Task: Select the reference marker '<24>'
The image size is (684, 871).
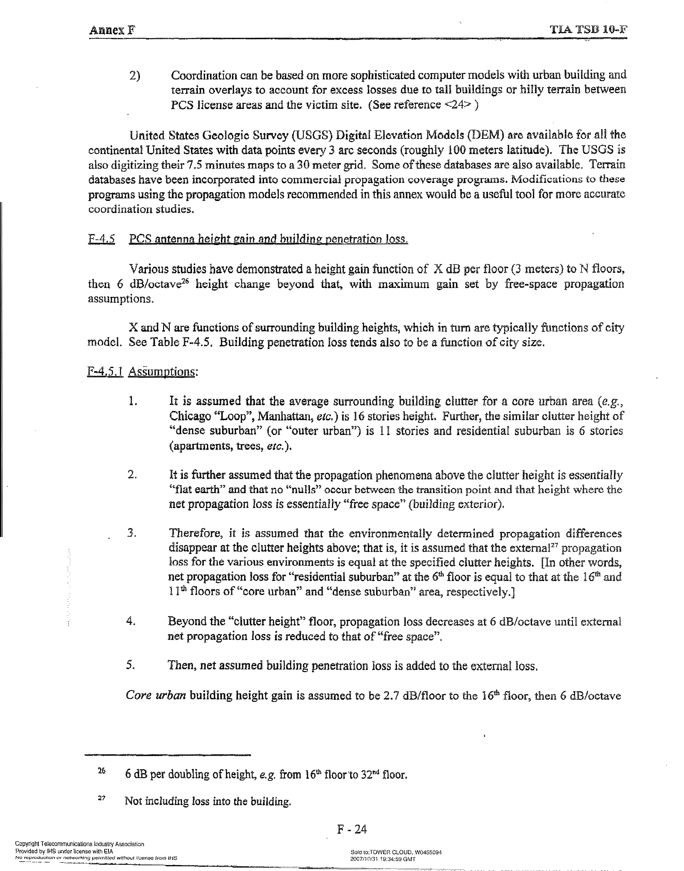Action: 457,105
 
